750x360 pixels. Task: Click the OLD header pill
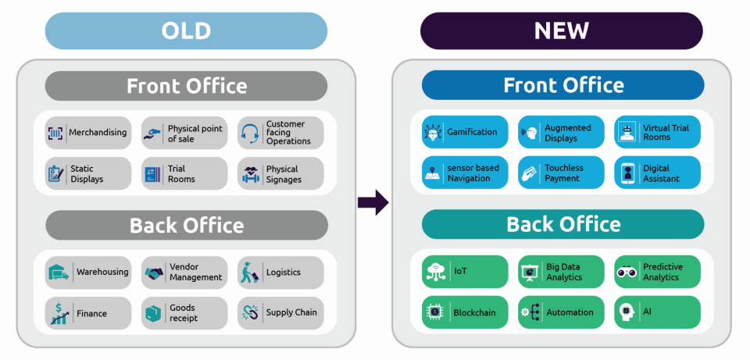click(186, 31)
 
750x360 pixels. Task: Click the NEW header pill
click(562, 31)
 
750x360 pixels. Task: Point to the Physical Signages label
click(283, 174)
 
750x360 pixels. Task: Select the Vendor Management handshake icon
click(153, 273)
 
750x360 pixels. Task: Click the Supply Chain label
click(291, 313)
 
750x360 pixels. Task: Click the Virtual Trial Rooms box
click(657, 132)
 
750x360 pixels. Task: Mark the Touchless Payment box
click(561, 173)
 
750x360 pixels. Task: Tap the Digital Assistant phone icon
click(627, 173)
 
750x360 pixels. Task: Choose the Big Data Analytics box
click(561, 272)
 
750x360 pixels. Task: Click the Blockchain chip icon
click(434, 312)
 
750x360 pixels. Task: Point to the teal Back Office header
click(562, 225)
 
